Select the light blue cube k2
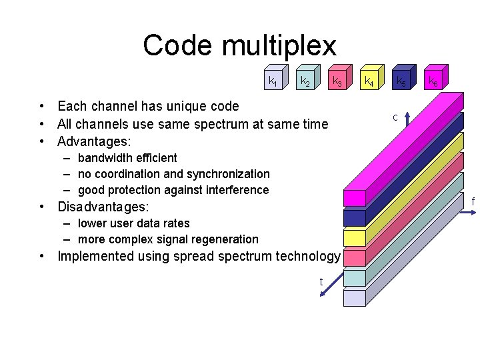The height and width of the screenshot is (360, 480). click(x=305, y=80)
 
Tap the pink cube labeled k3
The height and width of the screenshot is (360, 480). click(x=337, y=80)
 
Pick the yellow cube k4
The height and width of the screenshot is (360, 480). click(x=369, y=80)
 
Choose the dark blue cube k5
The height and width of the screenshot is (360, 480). click(x=401, y=80)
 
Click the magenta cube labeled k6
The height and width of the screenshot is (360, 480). click(x=433, y=80)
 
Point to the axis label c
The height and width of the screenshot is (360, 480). click(x=395, y=117)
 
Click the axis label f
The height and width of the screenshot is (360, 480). click(x=473, y=201)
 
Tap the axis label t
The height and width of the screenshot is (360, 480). click(x=321, y=282)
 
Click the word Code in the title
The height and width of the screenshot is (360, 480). click(x=178, y=46)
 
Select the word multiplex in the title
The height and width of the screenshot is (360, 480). click(x=279, y=46)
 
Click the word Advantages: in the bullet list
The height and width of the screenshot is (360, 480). click(x=94, y=141)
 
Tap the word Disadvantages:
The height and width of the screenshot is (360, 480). click(x=103, y=207)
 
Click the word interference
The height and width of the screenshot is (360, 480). click(x=237, y=190)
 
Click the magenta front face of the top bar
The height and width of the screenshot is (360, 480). click(x=355, y=198)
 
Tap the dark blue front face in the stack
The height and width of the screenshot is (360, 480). click(x=355, y=218)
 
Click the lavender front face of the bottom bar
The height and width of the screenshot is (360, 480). click(x=355, y=297)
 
